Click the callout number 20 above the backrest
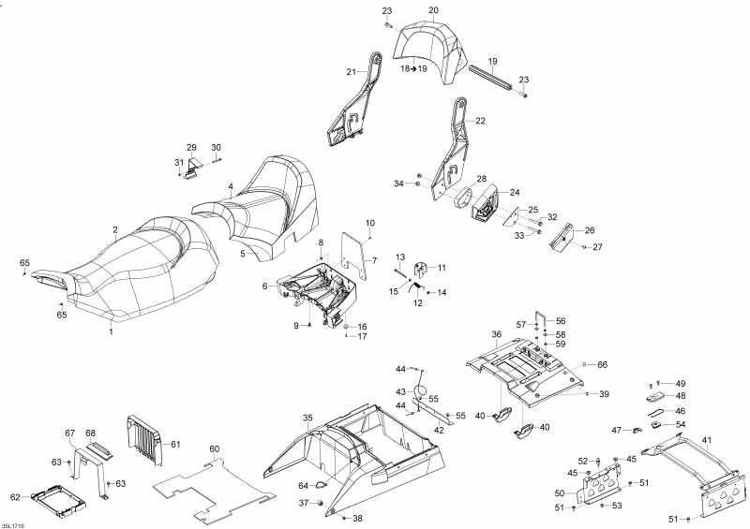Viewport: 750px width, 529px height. click(433, 10)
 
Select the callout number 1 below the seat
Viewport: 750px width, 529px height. click(111, 331)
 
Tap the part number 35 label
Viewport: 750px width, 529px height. click(307, 419)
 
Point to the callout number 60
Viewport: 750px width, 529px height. click(215, 448)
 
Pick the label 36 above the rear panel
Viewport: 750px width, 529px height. click(497, 334)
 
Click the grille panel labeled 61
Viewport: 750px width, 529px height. click(144, 440)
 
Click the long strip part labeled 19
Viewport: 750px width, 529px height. click(490, 78)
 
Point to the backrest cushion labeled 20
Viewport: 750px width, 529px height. click(430, 51)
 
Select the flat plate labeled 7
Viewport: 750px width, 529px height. click(353, 255)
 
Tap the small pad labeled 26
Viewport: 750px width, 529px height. click(562, 237)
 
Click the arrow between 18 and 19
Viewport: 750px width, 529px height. click(413, 68)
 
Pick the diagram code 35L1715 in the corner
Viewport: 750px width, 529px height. click(12, 525)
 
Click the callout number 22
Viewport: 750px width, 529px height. click(480, 121)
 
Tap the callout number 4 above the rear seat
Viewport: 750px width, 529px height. click(231, 186)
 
